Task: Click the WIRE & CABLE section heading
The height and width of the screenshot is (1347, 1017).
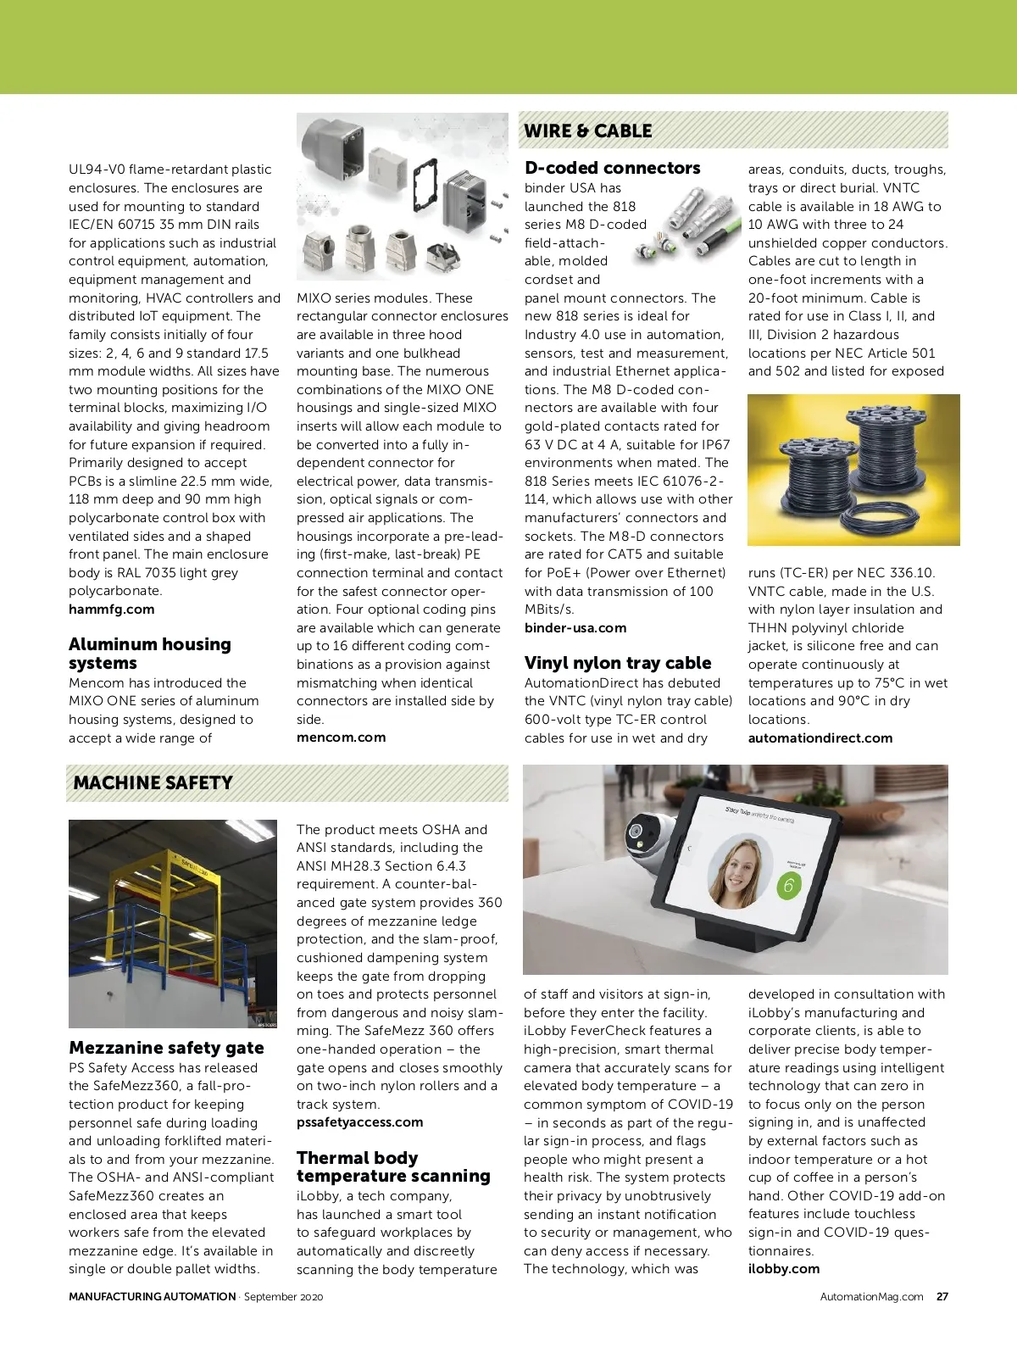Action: click(588, 131)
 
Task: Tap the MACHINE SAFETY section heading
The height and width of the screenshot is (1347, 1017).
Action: click(153, 782)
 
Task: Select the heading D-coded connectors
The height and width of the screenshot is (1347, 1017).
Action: click(612, 168)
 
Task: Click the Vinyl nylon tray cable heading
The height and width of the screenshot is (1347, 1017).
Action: click(618, 663)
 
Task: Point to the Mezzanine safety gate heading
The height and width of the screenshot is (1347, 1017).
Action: click(166, 1048)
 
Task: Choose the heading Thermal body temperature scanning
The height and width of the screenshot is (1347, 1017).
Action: click(393, 1166)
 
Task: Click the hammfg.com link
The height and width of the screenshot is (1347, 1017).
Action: click(111, 609)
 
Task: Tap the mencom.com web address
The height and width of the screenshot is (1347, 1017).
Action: click(341, 738)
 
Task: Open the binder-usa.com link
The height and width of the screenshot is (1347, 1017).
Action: click(575, 628)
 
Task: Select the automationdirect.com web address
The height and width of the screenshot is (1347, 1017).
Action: click(820, 738)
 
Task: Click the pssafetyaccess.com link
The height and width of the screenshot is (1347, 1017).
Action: click(359, 1122)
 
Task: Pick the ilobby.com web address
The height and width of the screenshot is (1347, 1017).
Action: click(783, 1269)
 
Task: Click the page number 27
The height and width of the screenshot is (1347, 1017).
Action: click(942, 1296)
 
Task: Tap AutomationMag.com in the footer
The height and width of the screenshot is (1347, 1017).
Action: click(871, 1296)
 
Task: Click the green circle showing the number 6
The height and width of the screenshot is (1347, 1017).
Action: click(788, 886)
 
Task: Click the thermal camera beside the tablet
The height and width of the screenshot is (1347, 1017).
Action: click(648, 834)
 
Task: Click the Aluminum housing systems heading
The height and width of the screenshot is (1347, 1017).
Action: click(149, 654)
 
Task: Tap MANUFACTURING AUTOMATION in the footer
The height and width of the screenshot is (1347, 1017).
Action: click(152, 1296)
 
